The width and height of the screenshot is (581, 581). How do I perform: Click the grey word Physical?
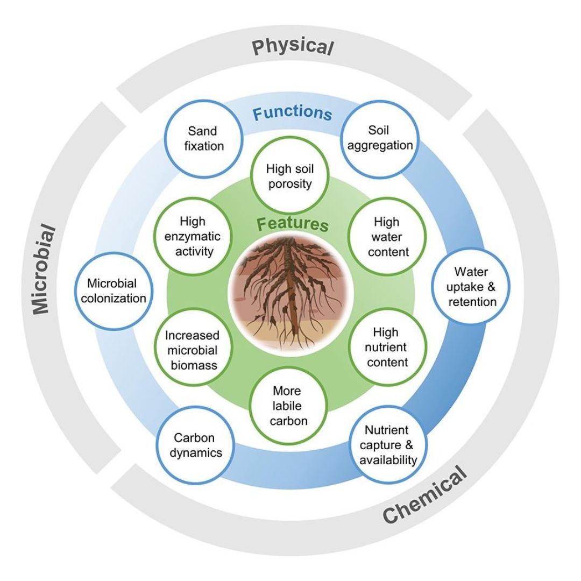point(293,47)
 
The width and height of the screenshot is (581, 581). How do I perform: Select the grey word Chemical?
point(425,495)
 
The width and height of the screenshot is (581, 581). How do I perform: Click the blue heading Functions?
point(292,114)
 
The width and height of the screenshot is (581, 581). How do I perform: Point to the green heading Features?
point(292,223)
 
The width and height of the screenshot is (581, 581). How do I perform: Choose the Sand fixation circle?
point(202,138)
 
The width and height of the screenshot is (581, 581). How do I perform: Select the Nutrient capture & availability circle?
point(387,445)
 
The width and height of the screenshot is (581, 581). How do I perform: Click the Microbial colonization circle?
point(113,290)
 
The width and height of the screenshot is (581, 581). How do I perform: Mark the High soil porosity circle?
point(289,176)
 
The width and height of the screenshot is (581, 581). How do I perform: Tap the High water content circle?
point(386,237)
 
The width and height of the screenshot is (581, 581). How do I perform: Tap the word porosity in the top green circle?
point(289,184)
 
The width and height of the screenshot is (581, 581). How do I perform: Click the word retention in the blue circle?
point(472,301)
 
